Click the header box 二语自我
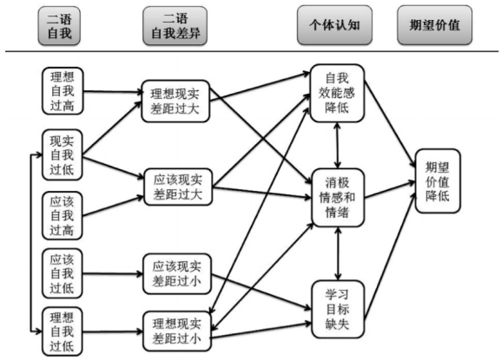(x=59, y=26)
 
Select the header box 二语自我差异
(x=175, y=26)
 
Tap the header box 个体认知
(x=334, y=25)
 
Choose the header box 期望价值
(x=434, y=25)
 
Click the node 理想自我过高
(x=63, y=91)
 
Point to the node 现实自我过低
(x=63, y=155)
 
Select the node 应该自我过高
(x=63, y=215)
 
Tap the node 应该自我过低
(x=63, y=273)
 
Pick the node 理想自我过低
(x=63, y=331)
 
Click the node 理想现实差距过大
(x=175, y=101)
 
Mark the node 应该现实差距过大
(x=178, y=187)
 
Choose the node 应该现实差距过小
(x=177, y=274)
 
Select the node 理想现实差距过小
(x=177, y=331)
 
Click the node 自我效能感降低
(x=337, y=93)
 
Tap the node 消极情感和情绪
(x=338, y=198)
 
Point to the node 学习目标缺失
(x=338, y=309)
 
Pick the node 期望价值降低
(x=438, y=181)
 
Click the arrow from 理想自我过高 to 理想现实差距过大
(x=113, y=92)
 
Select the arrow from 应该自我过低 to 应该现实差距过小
(x=113, y=273)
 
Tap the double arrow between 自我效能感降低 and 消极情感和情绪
(x=338, y=146)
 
